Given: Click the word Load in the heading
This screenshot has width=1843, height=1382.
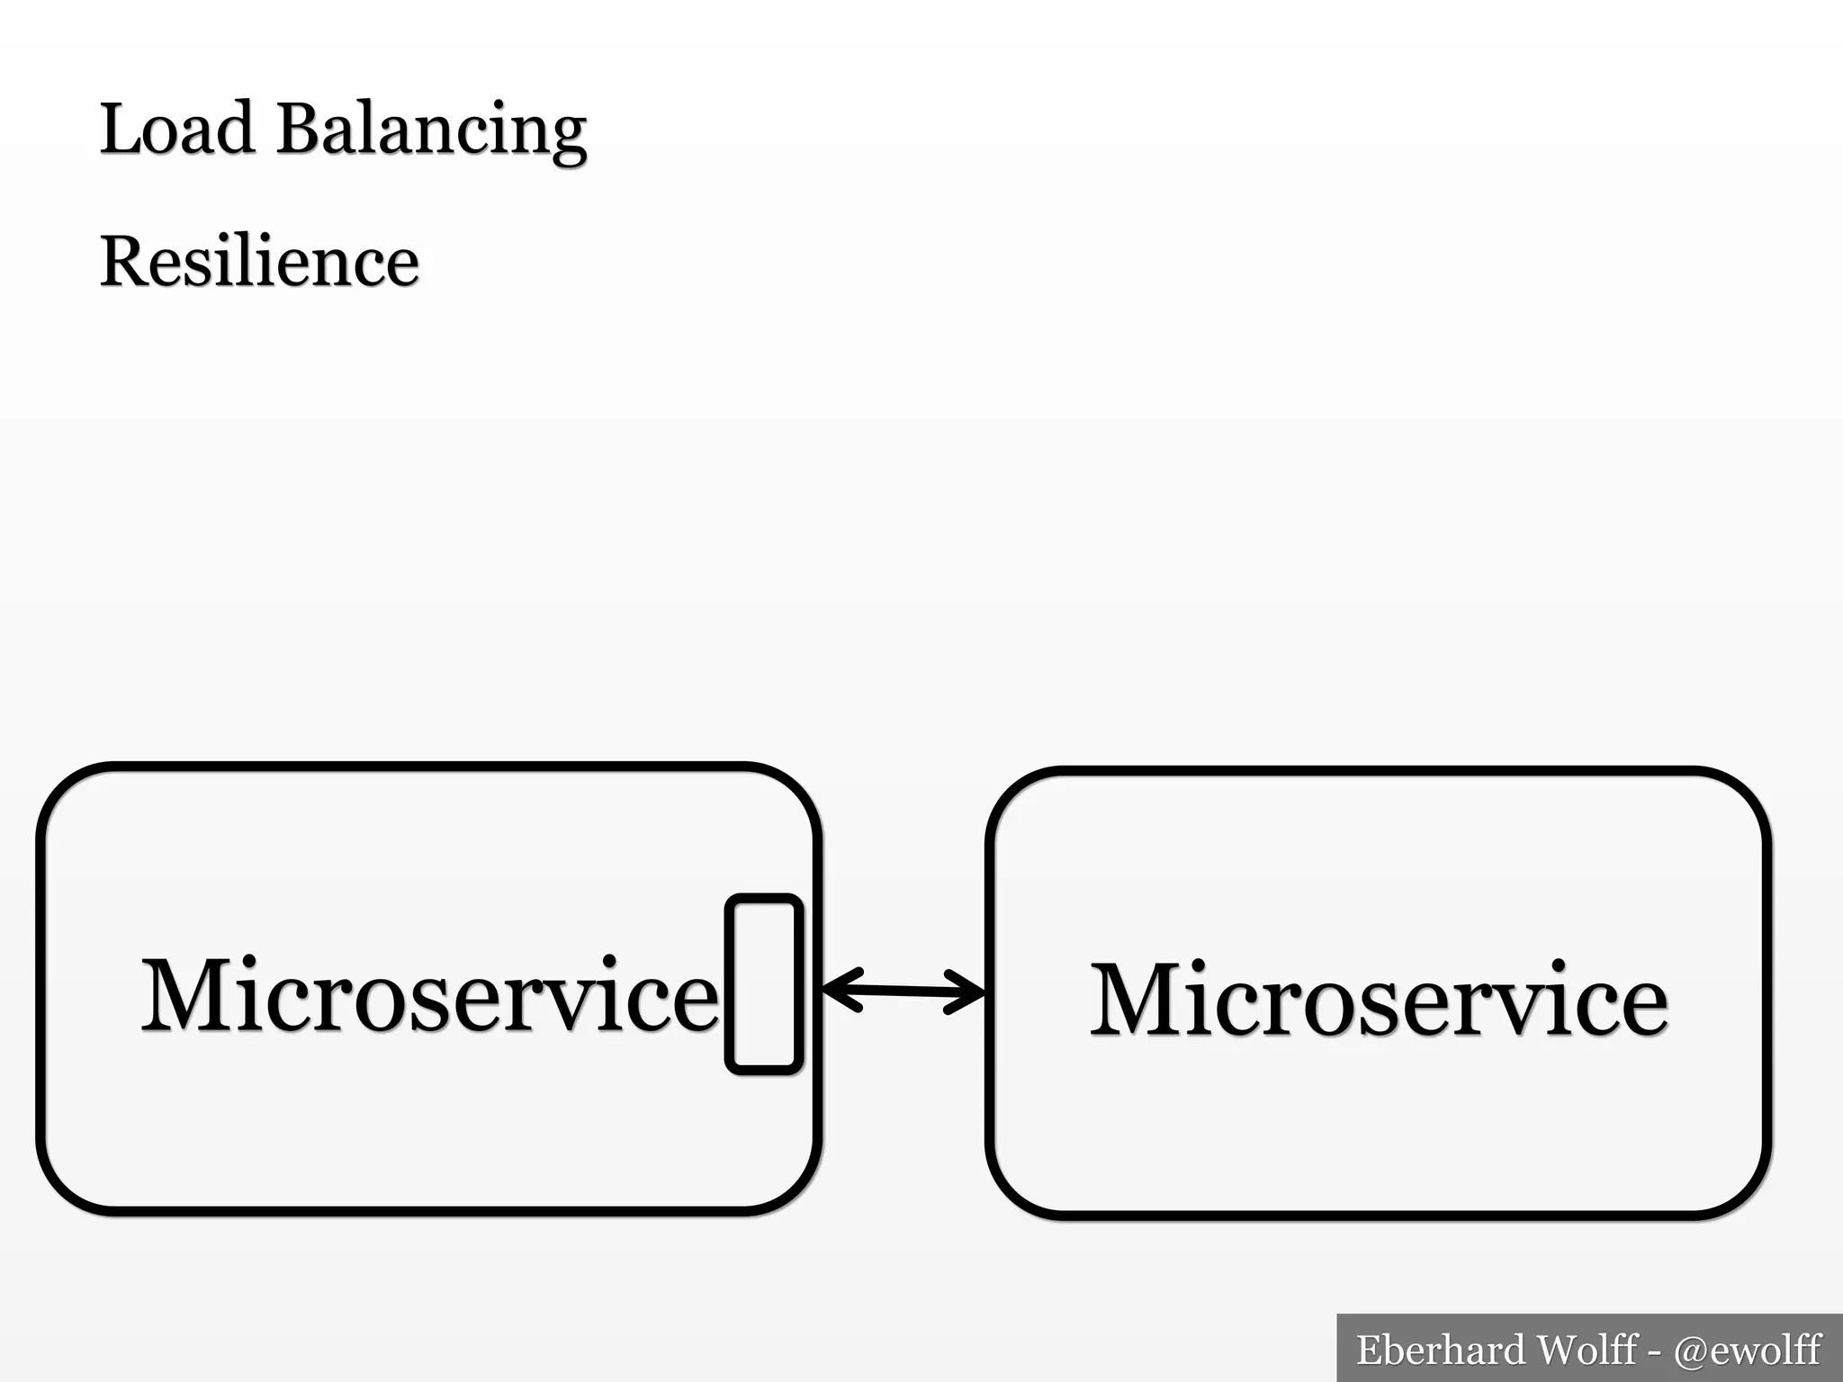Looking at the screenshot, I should (x=176, y=129).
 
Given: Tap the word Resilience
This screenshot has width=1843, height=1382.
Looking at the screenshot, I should (x=259, y=262).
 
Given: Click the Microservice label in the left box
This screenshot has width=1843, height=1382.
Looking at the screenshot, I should (x=429, y=995).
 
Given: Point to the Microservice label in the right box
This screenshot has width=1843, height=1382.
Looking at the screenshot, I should (x=1379, y=1000).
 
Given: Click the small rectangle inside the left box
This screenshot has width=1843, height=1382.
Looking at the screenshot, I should (x=764, y=984).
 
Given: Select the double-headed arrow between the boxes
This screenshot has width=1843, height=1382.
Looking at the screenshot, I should (x=904, y=991).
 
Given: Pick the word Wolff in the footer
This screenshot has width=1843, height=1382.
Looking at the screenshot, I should (x=1586, y=1350).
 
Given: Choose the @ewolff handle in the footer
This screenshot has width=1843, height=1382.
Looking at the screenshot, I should (x=1747, y=1350).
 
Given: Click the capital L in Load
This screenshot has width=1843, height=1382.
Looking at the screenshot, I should (x=120, y=129).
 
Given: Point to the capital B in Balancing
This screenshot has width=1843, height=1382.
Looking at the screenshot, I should (x=298, y=129).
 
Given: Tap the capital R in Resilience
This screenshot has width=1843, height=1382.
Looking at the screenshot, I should (x=123, y=262).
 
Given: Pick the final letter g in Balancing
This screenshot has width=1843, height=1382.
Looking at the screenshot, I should (x=567, y=138).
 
